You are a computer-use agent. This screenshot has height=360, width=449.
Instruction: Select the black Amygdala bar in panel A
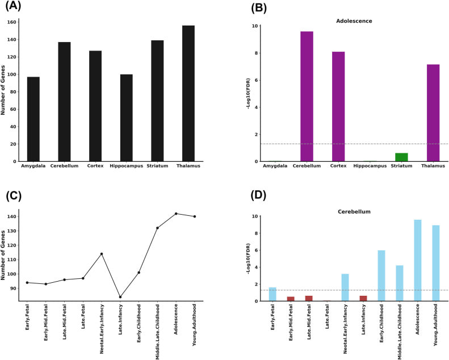point(33,119)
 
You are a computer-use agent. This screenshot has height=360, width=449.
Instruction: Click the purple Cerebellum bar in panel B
point(307,97)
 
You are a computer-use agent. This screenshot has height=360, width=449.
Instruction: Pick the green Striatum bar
point(401,157)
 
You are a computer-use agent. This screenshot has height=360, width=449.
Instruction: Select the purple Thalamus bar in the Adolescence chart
point(433,113)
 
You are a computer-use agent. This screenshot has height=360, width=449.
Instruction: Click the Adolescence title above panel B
point(354,21)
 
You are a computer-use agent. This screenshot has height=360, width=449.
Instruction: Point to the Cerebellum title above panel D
point(354,211)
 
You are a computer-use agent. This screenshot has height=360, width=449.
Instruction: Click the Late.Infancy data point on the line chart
point(120,296)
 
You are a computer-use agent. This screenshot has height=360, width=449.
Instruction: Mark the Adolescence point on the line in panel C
point(176,214)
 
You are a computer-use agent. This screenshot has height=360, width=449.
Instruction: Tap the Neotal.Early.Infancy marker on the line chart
point(102,254)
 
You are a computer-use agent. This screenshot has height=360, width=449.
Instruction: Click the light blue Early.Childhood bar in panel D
point(381,275)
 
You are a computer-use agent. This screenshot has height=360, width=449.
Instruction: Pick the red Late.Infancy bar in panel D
point(363,298)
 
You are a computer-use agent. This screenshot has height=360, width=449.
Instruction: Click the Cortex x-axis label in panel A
point(95,166)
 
